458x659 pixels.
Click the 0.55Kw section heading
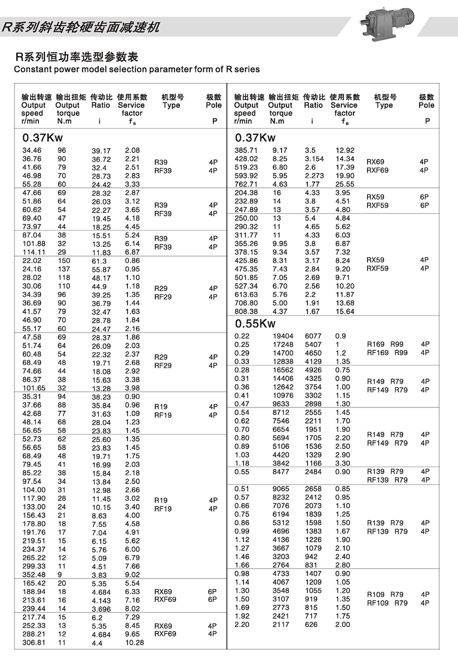point(255,323)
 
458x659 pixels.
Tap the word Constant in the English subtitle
point(30,70)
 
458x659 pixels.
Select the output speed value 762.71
point(246,184)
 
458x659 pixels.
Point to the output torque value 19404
point(283,336)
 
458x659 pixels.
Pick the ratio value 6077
point(313,336)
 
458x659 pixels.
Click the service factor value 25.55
point(345,184)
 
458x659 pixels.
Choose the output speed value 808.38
point(246,311)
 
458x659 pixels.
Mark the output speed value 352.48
point(34,575)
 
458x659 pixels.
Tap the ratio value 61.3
point(99,261)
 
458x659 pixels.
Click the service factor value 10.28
point(134,642)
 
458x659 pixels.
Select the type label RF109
point(378,603)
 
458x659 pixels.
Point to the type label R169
point(376,344)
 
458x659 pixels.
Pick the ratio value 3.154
point(314,159)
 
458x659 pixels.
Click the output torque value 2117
point(281,624)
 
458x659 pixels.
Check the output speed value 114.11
point(34,252)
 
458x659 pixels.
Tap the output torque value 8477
point(281,472)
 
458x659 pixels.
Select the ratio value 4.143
point(101,600)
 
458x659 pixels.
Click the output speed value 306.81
point(34,642)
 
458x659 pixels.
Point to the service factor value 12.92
point(345,150)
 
